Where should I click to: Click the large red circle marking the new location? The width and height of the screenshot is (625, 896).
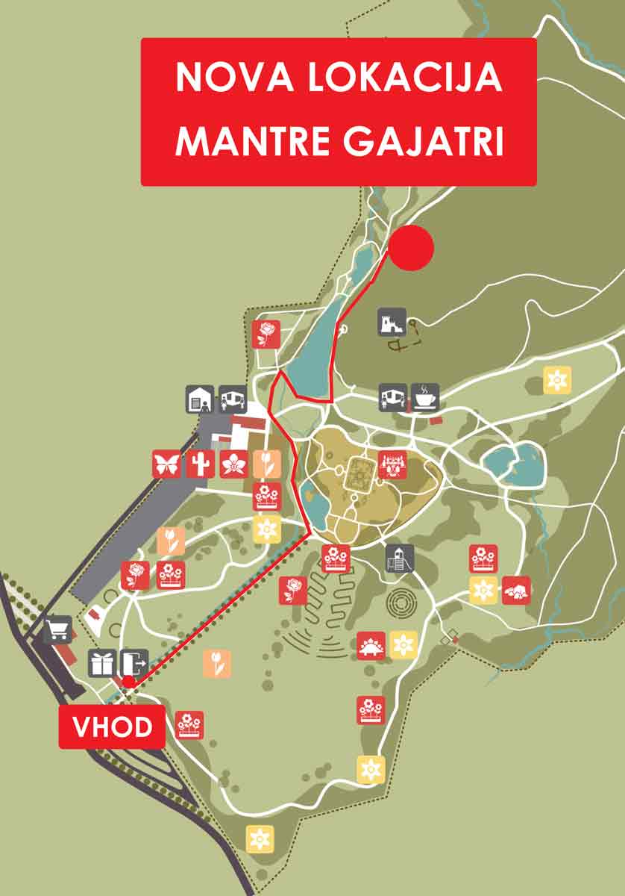pos(411,249)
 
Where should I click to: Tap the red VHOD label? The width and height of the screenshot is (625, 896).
pos(112,727)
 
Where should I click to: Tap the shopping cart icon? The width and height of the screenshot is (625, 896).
pos(57,629)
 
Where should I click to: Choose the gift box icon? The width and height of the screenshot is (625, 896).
pos(102,662)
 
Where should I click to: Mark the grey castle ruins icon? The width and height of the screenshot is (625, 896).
pos(392,322)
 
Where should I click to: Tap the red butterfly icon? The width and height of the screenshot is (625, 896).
pos(166,464)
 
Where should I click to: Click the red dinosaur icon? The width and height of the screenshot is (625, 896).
pos(371,644)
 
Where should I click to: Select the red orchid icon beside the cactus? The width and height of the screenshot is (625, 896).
pos(233,464)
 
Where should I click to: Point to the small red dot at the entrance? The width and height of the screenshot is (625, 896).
pos(129,682)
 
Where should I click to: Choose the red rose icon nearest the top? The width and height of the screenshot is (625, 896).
pos(266,334)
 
